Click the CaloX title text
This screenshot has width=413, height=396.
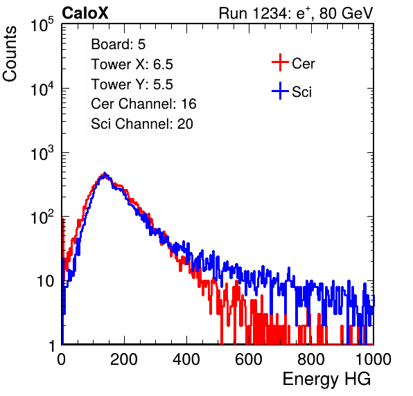85,13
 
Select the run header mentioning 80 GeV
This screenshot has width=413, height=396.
296,13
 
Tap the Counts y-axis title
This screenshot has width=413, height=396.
10,54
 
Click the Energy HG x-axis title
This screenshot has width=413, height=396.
326,379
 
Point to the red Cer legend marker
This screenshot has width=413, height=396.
280,62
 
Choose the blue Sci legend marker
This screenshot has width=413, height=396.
280,91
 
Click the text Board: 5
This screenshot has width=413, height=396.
118,44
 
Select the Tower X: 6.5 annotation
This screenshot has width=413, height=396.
132,64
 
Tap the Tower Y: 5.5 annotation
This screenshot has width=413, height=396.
132,84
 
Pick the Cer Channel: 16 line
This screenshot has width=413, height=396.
143,104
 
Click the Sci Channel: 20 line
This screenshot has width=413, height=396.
141,124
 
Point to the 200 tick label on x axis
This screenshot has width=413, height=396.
124,359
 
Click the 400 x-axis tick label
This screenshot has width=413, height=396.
186,359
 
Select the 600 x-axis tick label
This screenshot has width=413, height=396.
249,359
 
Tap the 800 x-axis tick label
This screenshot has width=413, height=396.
311,359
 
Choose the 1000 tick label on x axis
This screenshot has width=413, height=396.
374,359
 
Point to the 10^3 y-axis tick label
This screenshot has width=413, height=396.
42,153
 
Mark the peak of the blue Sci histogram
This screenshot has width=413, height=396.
105,173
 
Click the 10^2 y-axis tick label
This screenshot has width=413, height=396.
42,217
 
